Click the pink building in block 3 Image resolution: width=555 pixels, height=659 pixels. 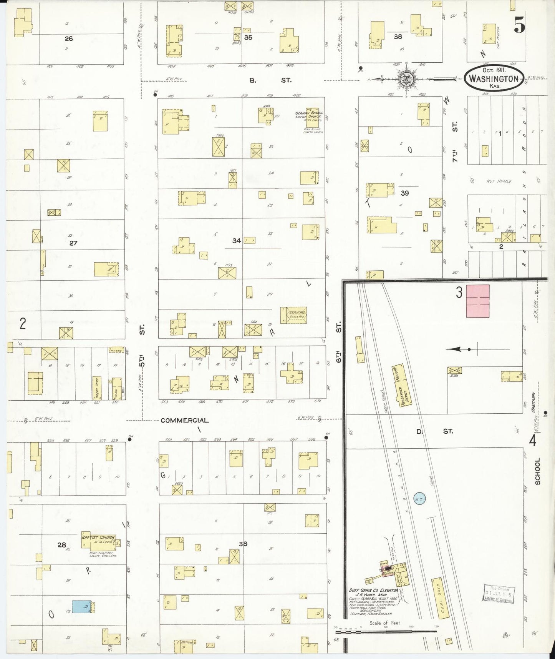click(x=477, y=301)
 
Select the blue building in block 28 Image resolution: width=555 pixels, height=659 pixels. click(x=82, y=607)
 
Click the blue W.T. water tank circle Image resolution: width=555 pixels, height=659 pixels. click(x=419, y=499)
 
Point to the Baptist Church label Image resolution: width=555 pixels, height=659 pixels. click(x=98, y=538)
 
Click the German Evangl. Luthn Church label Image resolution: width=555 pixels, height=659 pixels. click(x=310, y=115)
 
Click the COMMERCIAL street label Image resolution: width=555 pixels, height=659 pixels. click(x=184, y=421)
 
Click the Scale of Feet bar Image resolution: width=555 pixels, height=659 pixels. click(x=386, y=631)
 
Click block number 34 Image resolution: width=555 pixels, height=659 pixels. click(x=237, y=241)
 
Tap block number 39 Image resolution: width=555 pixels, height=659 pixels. click(x=404, y=193)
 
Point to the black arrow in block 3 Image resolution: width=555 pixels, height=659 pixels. click(x=457, y=349)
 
